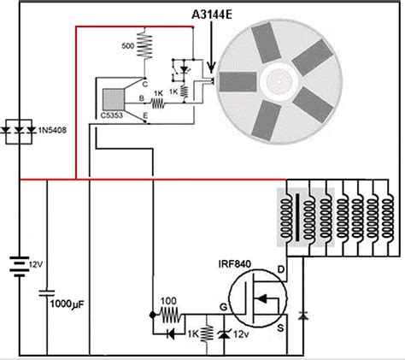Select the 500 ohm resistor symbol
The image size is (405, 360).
pos(144,45)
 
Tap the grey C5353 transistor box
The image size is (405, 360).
pos(114,99)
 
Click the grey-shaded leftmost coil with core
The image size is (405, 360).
pos(286,218)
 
